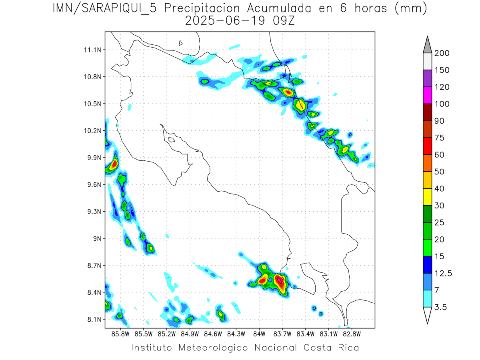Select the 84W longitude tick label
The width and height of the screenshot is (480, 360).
pos(259,333)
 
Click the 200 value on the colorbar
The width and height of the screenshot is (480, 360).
pos(442,53)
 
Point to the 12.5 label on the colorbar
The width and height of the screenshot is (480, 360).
pos(443,273)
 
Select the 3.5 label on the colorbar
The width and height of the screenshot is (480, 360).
pos(441,307)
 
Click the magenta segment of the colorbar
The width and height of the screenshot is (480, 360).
pos(427,95)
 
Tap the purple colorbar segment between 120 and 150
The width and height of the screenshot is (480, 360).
pos(427,78)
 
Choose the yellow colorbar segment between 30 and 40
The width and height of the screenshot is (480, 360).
pos(427,197)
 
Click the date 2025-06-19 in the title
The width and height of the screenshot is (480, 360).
pos(225,21)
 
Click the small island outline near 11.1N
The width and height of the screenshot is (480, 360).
pos(181,43)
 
